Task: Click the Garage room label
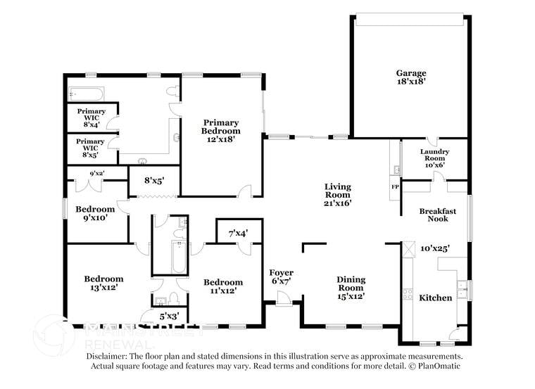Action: click(x=410, y=77)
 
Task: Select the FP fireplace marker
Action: click(x=394, y=187)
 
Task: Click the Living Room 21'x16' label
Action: click(x=337, y=195)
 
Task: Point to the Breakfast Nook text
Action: click(x=437, y=215)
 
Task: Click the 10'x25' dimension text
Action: click(x=434, y=248)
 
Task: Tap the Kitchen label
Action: click(x=436, y=298)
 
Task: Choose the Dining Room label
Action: click(x=350, y=288)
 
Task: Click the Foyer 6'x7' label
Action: click(x=282, y=277)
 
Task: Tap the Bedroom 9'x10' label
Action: click(x=95, y=213)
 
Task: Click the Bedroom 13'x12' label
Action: click(x=103, y=283)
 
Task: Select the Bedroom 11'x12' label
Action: click(x=224, y=286)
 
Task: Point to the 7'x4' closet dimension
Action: click(x=238, y=233)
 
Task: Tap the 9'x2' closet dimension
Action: click(x=97, y=173)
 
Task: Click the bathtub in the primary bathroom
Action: click(x=87, y=94)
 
